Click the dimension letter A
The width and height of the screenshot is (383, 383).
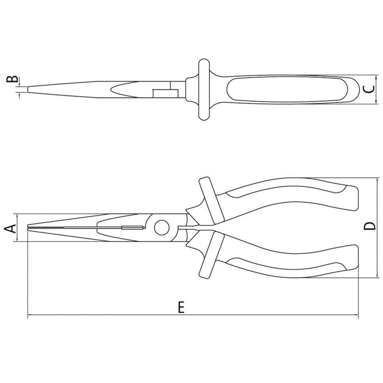(x=11, y=228)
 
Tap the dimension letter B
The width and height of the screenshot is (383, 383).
(x=13, y=80)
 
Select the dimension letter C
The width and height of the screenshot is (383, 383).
(x=368, y=89)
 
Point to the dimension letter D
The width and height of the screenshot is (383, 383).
(x=369, y=227)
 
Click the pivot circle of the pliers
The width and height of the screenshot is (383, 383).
(x=162, y=228)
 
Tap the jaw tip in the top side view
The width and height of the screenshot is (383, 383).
(x=29, y=90)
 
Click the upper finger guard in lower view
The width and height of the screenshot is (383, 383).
(x=209, y=201)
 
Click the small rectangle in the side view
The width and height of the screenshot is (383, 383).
(x=165, y=93)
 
